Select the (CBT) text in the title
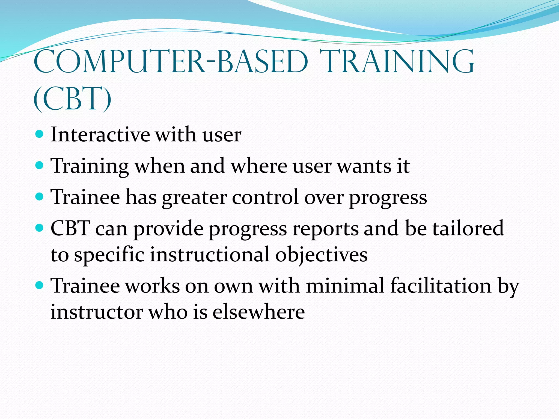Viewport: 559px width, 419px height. (x=72, y=99)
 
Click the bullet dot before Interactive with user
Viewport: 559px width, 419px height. (x=40, y=134)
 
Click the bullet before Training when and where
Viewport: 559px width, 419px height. (x=40, y=165)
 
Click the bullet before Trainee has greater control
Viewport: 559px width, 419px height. (x=40, y=196)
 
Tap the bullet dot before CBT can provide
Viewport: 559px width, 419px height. (x=40, y=227)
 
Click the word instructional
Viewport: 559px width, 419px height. (x=210, y=255)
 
